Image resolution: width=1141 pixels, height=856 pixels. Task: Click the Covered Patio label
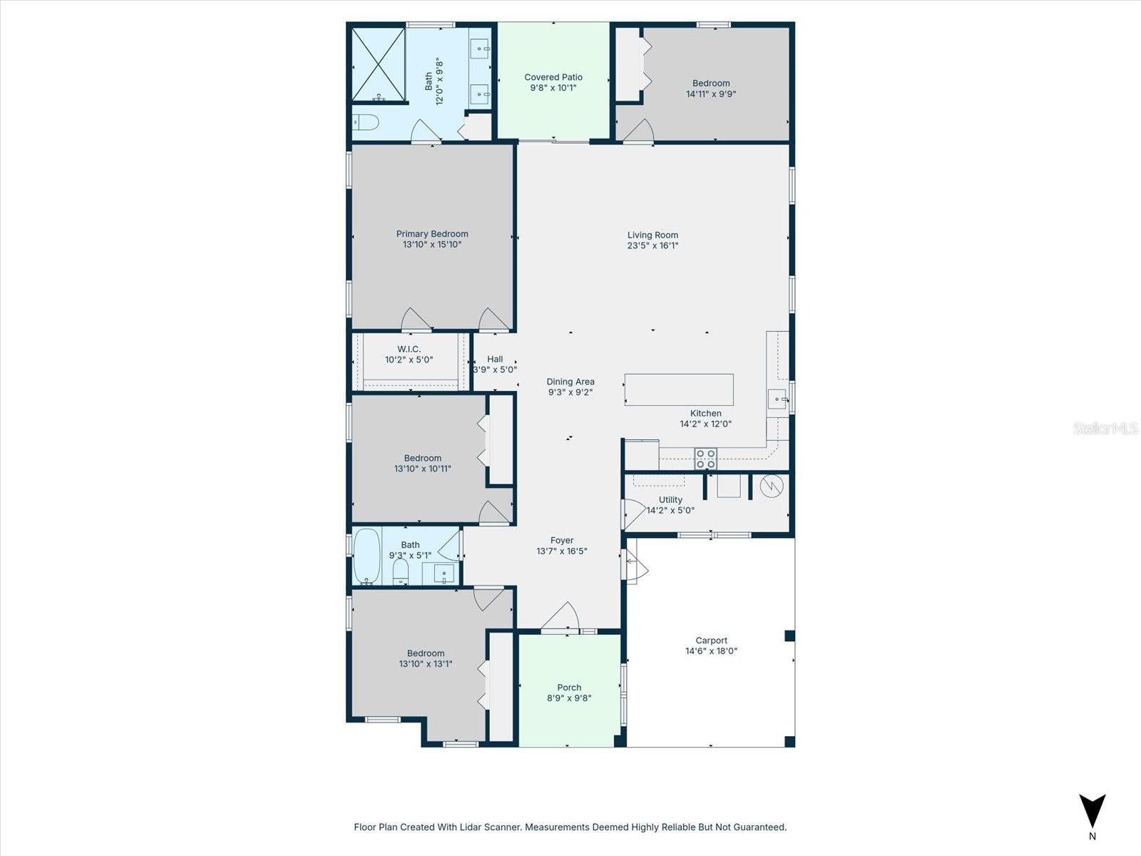553,77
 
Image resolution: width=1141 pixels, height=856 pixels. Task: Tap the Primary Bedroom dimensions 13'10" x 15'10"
432,245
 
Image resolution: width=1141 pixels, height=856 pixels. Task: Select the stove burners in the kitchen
705,459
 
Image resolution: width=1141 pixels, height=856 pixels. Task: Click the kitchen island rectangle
679,389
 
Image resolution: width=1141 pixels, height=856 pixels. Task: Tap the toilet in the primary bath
366,122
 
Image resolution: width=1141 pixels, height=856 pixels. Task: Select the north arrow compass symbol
1092,811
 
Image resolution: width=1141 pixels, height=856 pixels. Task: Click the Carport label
711,641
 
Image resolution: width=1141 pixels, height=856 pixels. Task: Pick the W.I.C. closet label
409,349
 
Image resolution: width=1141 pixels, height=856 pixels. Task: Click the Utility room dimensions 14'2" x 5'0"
670,510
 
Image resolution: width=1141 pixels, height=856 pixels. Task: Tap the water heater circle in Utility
772,486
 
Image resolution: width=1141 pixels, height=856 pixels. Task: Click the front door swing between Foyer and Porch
562,618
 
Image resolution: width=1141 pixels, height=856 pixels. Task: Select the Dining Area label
570,382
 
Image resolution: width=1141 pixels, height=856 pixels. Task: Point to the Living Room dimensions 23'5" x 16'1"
653,245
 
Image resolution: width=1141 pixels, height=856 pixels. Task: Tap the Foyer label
562,541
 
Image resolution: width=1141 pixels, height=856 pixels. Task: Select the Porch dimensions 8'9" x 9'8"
569,698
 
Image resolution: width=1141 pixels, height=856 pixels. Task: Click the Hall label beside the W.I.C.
495,359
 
